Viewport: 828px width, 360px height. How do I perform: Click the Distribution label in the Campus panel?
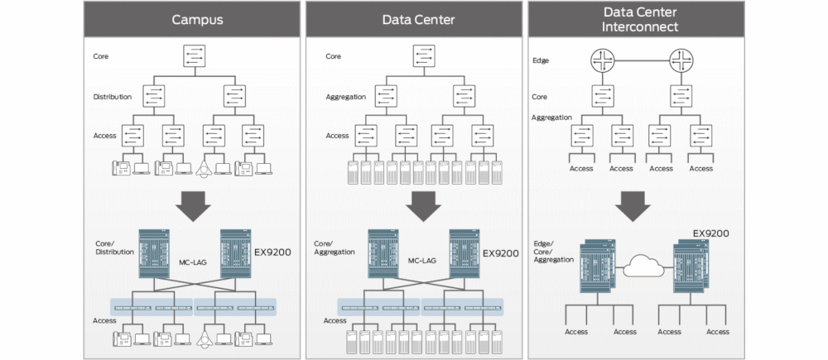coord(112,97)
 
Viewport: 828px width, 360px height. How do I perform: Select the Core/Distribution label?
coord(114,247)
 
